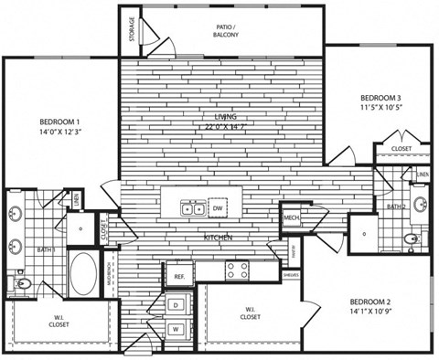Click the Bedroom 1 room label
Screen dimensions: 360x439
click(59, 122)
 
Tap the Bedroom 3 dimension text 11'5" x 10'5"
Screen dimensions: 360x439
click(381, 107)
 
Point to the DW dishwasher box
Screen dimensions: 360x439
click(218, 208)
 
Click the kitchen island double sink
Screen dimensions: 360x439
click(194, 208)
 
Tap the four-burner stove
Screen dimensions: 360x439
click(238, 270)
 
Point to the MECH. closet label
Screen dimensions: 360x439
click(293, 217)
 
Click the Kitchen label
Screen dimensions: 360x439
click(217, 238)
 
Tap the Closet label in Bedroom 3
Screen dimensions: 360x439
click(401, 148)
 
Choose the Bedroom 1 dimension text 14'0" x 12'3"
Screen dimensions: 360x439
click(59, 133)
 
